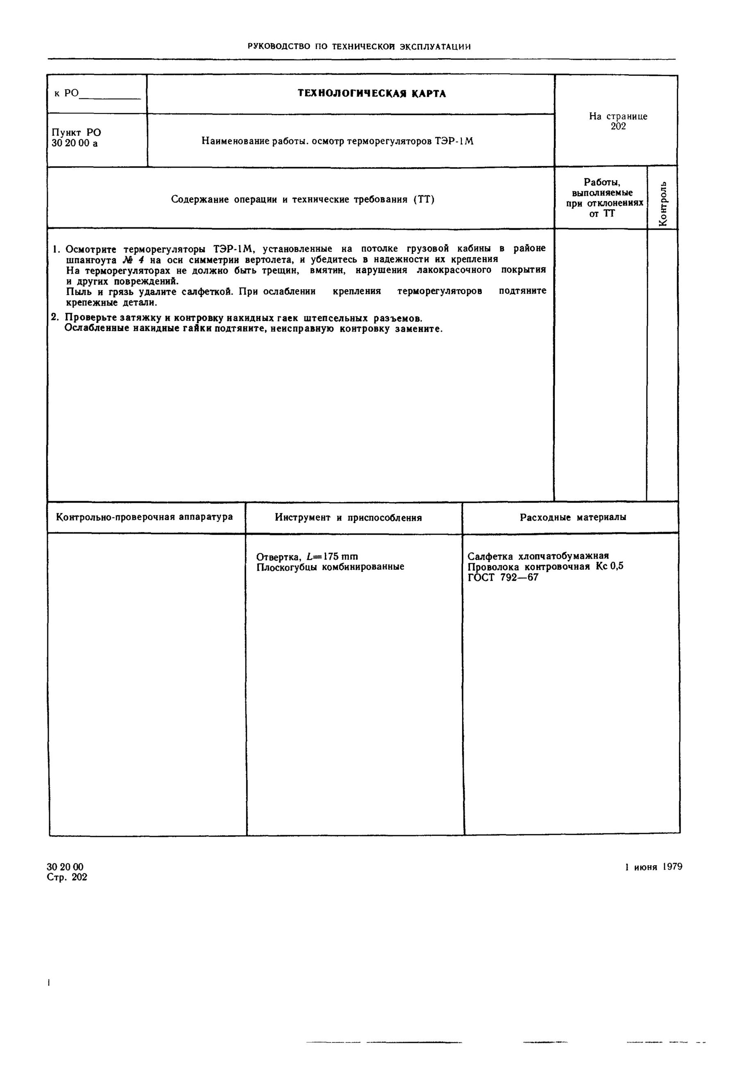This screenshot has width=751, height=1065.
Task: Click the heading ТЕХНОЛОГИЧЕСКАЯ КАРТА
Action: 372,94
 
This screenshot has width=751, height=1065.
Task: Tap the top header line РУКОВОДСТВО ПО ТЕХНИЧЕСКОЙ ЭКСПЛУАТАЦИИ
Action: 359,46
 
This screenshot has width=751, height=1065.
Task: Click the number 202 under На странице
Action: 618,126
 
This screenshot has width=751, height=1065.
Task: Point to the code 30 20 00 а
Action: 75,143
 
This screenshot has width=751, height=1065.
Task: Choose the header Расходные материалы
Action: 572,517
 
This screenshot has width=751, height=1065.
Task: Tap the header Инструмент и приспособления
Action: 348,518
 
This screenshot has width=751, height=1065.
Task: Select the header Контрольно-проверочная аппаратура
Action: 144,517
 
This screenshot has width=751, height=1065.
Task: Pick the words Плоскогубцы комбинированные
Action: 330,567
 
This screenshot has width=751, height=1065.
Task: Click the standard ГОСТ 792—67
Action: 503,578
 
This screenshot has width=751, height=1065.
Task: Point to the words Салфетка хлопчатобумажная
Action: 538,556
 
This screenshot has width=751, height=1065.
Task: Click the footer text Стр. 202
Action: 67,877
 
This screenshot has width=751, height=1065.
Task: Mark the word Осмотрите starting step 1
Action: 91,249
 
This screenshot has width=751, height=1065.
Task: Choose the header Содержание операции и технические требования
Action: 302,199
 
